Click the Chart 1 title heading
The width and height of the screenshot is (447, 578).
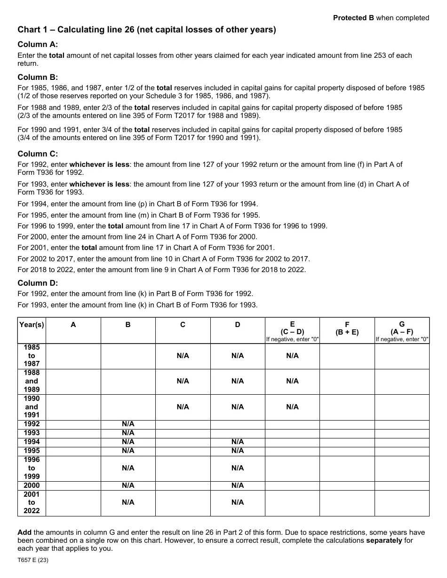tap(147, 30)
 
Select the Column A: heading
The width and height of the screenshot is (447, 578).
tap(38, 44)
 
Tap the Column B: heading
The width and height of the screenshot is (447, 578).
tap(38, 77)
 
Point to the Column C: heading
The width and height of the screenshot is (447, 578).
tap(38, 154)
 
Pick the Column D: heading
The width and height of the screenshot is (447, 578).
tap(38, 283)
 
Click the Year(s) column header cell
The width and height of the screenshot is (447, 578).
tap(32, 325)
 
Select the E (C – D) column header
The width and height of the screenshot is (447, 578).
tap(292, 328)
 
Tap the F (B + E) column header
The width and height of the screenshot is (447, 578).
tap(347, 328)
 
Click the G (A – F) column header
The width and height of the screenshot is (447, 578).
tap(402, 328)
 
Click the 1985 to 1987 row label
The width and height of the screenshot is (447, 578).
tap(32, 356)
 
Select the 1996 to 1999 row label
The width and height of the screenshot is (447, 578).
tap(32, 468)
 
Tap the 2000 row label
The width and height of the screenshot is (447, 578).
tap(32, 485)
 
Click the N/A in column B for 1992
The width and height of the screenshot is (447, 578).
tap(128, 424)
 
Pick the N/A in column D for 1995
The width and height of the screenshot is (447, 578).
tap(238, 451)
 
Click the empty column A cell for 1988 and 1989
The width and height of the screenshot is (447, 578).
tap(73, 381)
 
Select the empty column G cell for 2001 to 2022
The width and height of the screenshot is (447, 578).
tap(402, 502)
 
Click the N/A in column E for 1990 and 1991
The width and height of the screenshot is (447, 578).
tap(292, 407)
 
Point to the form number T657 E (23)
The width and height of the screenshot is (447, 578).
tap(33, 560)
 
